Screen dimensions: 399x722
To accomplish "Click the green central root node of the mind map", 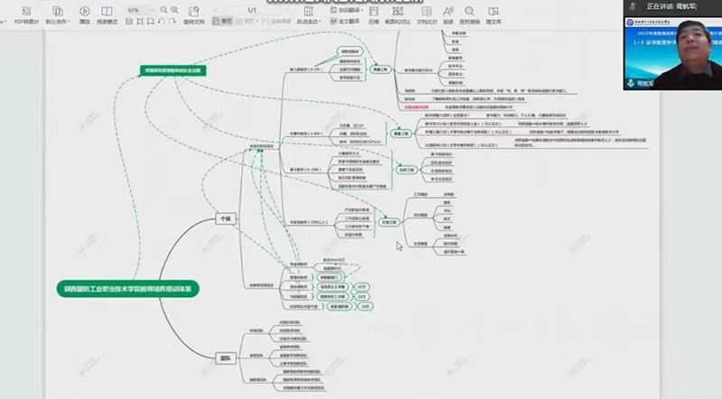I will (x=127, y=287).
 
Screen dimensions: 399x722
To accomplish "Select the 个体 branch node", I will (x=225, y=218).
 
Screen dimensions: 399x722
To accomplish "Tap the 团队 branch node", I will (x=225, y=357).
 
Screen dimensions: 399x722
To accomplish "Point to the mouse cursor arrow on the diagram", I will (x=401, y=243).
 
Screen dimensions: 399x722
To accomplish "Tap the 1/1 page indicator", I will (x=251, y=9).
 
